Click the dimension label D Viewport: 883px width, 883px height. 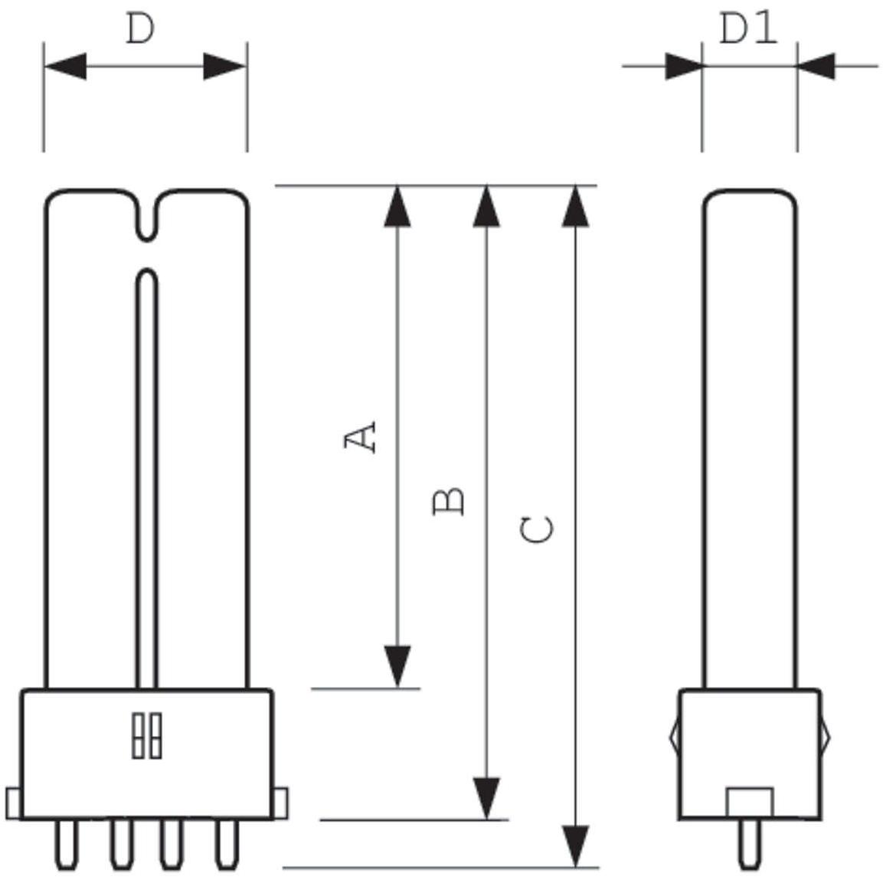(x=140, y=29)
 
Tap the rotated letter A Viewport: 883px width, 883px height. (x=361, y=436)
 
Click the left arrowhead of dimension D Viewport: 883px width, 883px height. (x=65, y=66)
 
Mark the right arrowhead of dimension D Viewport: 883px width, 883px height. (x=225, y=66)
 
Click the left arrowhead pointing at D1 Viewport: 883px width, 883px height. (x=683, y=66)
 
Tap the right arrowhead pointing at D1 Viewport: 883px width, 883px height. (x=816, y=66)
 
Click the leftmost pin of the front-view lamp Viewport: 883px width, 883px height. (x=67, y=845)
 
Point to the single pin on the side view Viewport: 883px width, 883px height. (x=749, y=845)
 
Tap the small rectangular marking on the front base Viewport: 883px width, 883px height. (x=146, y=736)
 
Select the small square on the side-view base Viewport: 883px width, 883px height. (x=750, y=803)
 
